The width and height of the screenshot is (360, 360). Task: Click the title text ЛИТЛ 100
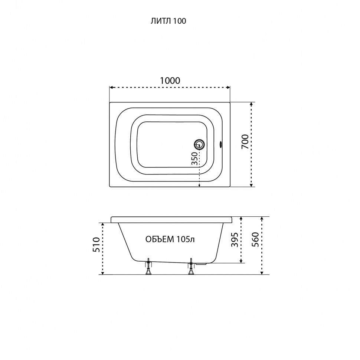pos(168,21)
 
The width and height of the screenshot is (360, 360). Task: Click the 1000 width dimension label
pos(170,81)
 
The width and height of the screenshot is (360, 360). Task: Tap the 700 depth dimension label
pos(245,142)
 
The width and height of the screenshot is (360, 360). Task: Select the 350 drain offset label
pos(194,158)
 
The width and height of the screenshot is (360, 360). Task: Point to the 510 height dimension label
pos(96,245)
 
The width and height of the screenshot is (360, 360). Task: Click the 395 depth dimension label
pos(235,240)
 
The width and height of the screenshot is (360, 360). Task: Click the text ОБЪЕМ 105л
pos(170,239)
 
